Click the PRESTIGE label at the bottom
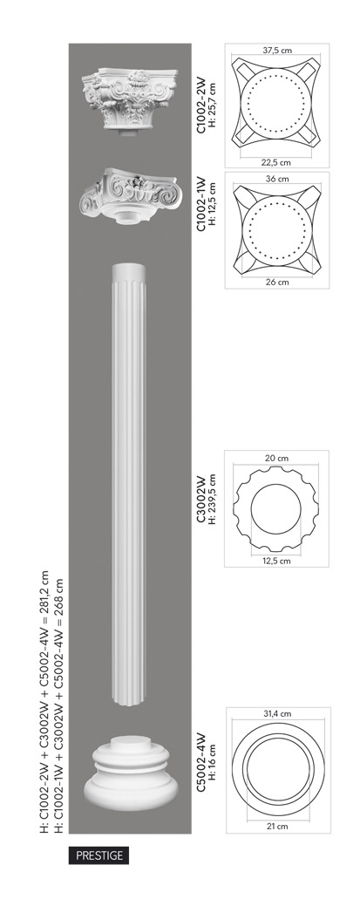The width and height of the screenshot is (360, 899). (x=99, y=855)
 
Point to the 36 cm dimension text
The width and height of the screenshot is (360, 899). (x=277, y=178)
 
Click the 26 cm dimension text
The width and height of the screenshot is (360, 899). (x=277, y=282)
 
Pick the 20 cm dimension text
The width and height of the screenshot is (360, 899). (x=276, y=458)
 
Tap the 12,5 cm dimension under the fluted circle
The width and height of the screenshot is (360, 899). (x=276, y=560)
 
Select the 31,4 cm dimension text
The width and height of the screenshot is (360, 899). (x=277, y=714)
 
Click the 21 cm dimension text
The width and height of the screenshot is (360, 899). (x=277, y=826)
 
